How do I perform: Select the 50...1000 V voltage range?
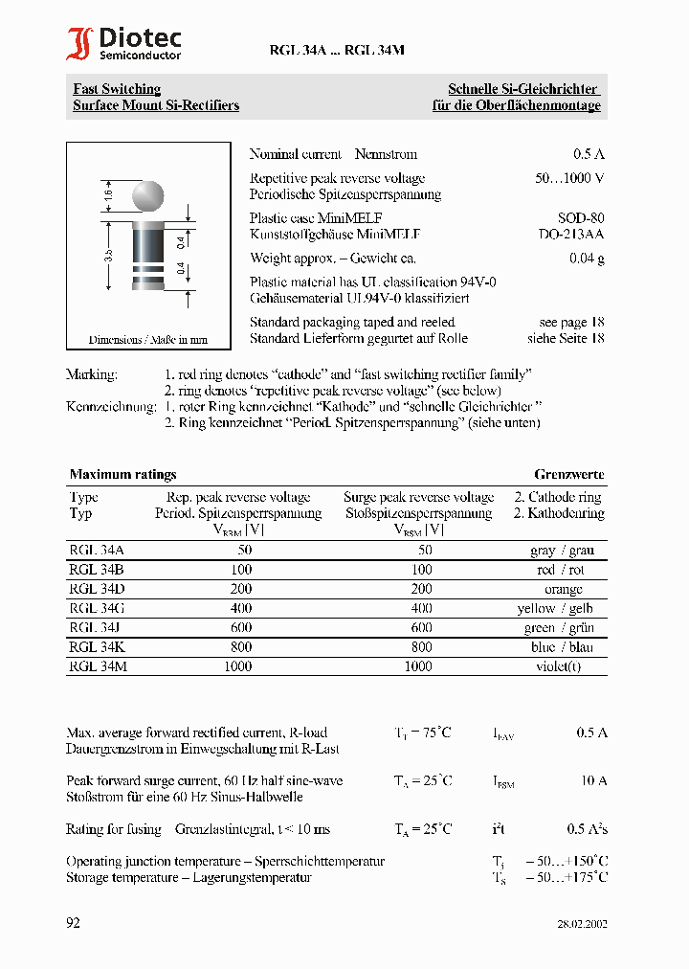(568, 178)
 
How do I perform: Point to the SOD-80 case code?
(581, 218)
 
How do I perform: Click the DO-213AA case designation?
(570, 234)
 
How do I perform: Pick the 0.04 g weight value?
(587, 259)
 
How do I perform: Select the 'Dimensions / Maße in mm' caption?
(148, 340)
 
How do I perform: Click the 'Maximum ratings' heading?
(122, 474)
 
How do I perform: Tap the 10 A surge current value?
(593, 781)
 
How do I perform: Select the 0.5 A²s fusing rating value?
(587, 829)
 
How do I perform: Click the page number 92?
(74, 923)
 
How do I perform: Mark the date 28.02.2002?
(582, 925)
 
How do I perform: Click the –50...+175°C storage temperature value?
(566, 877)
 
